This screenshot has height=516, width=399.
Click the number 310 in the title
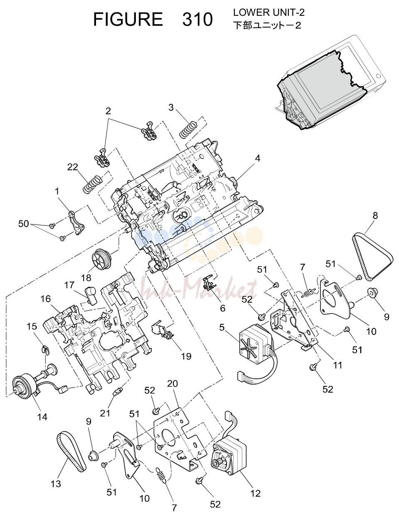[197, 19]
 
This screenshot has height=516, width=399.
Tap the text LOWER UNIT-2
[268, 12]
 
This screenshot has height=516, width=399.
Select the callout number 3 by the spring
[171, 107]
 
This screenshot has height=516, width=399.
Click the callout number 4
[258, 158]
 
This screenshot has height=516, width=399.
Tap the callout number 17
[69, 285]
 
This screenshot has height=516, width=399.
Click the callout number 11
[337, 365]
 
